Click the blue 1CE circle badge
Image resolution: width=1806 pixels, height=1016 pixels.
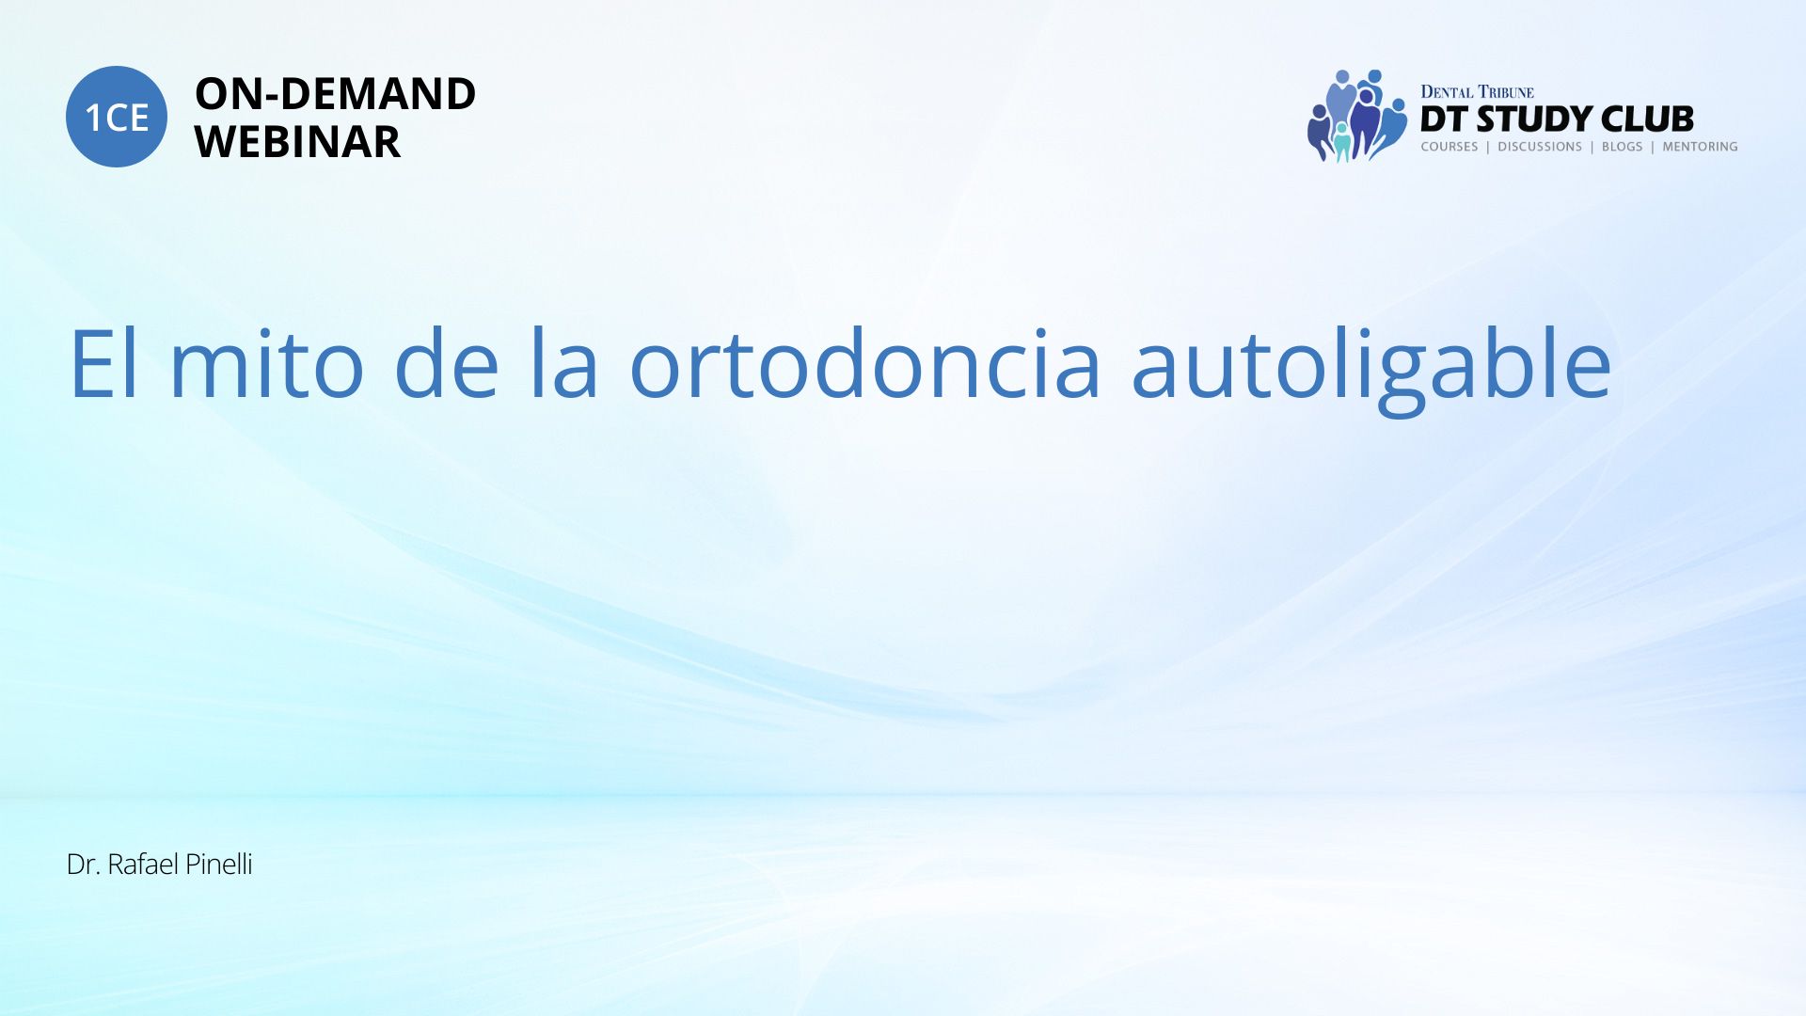117,117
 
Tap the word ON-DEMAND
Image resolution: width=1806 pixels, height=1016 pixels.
335,94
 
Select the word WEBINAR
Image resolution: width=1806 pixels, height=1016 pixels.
297,142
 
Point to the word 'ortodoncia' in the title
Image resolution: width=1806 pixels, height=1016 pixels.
864,362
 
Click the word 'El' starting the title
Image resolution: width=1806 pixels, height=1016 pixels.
104,362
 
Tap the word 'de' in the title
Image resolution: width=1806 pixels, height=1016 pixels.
447,362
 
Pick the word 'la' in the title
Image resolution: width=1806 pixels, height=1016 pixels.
562,362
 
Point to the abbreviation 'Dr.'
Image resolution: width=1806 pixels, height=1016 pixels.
84,865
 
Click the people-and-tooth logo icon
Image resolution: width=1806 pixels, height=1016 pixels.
1356,116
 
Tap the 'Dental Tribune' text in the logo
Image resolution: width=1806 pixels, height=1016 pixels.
1477,92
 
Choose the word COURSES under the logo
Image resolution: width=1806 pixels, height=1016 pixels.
1449,147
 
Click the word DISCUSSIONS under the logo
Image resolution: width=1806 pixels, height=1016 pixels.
1540,147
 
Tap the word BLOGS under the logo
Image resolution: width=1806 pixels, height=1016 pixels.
1622,147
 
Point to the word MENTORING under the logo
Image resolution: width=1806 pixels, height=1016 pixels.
1700,147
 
